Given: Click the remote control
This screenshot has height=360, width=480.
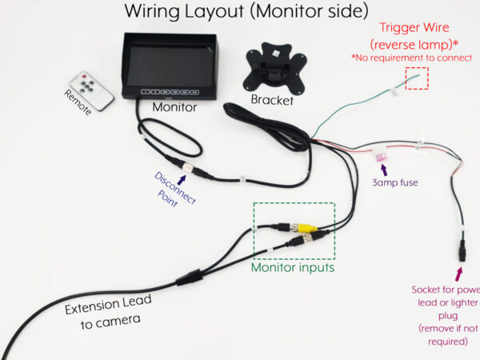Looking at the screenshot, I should pyautogui.click(x=90, y=90).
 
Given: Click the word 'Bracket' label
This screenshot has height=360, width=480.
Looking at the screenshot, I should pyautogui.click(x=272, y=101).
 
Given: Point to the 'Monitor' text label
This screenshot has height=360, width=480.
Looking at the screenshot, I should pyautogui.click(x=174, y=106).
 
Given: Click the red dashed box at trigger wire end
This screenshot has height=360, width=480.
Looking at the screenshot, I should pyautogui.click(x=416, y=78).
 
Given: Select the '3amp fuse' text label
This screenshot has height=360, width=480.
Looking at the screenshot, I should pyautogui.click(x=394, y=182).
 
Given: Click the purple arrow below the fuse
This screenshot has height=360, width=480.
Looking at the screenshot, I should pyautogui.click(x=383, y=170).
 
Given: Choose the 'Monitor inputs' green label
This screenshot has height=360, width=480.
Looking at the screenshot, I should pyautogui.click(x=292, y=269).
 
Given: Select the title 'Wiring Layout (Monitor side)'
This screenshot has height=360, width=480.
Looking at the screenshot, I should pyautogui.click(x=246, y=12).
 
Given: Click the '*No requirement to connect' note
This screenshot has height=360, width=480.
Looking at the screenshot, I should pyautogui.click(x=410, y=59).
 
